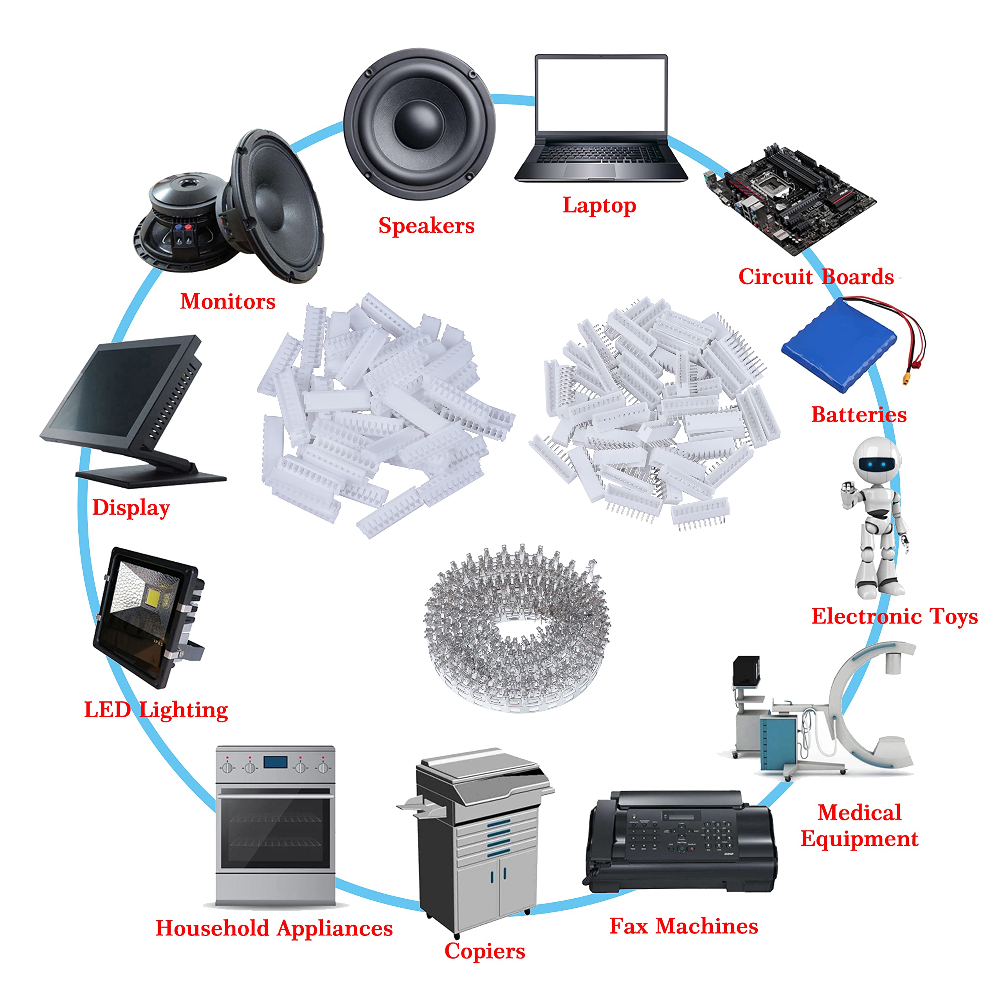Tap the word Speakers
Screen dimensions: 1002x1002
(426, 225)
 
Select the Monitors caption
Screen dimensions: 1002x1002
(228, 301)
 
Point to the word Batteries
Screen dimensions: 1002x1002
(859, 414)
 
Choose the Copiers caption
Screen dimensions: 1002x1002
(485, 951)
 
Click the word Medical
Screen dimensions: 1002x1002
(860, 812)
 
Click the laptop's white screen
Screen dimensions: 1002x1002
(601, 94)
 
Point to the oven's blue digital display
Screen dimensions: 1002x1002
(276, 762)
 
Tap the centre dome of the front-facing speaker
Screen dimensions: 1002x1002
(419, 124)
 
